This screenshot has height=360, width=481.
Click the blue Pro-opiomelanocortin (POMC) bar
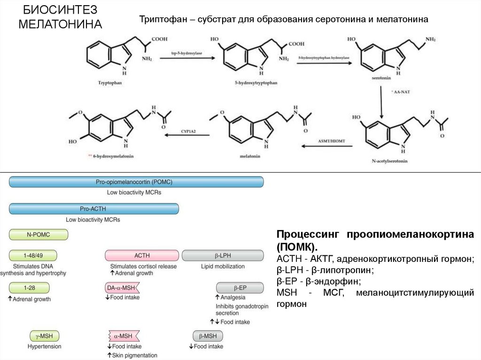[136, 182]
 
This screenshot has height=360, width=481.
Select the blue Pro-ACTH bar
[94, 208]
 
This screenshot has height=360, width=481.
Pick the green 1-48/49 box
[33, 255]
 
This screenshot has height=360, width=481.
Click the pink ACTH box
[141, 255]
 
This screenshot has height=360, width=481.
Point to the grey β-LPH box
[222, 255]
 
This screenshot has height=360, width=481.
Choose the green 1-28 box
[29, 287]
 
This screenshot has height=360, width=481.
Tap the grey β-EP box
[233, 287]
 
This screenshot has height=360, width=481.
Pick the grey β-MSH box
[208, 336]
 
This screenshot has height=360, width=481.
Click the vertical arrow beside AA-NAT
[381, 103]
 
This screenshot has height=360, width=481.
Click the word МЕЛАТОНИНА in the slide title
[60, 23]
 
